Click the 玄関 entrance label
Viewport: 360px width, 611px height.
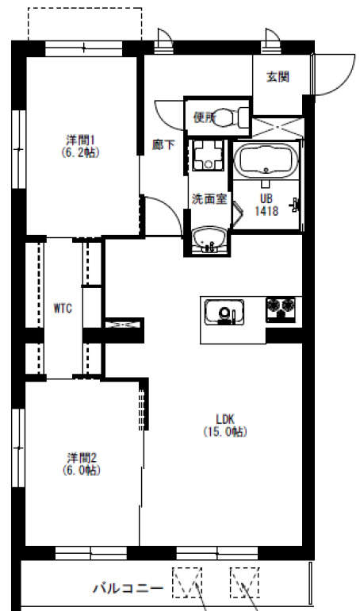(278, 77)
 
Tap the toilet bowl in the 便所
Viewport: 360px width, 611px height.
(228, 117)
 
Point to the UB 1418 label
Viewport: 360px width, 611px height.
(266, 205)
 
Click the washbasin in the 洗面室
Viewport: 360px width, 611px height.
(209, 239)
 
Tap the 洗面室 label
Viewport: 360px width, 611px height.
(209, 198)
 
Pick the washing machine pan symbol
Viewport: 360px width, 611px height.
(209, 155)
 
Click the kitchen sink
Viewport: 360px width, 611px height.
(224, 312)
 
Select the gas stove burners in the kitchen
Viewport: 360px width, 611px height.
(281, 309)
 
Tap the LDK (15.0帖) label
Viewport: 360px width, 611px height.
(225, 425)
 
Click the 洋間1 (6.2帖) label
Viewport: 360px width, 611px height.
(81, 146)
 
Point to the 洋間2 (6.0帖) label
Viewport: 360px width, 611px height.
(82, 463)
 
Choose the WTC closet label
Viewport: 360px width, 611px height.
(63, 309)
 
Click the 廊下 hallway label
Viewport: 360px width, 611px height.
(163, 145)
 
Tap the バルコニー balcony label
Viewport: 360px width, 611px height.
(128, 587)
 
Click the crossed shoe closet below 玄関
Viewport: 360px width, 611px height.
(278, 127)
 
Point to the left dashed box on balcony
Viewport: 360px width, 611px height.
(187, 582)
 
